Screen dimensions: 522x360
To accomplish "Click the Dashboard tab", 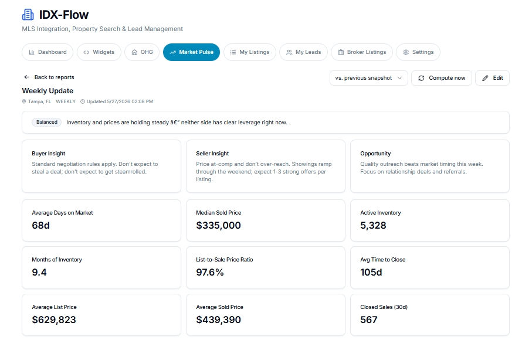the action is tap(48, 52).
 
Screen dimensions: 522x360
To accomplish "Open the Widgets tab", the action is tap(99, 52).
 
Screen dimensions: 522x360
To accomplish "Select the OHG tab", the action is tap(142, 52).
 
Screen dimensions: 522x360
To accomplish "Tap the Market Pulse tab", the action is tap(191, 52).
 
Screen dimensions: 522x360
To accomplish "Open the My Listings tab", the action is tap(250, 52).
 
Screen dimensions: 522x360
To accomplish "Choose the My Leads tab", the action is tap(304, 52).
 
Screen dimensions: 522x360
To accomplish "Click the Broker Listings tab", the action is tap(362, 52).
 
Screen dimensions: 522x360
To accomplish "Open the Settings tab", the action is tap(418, 52).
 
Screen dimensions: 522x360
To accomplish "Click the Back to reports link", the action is tap(49, 77).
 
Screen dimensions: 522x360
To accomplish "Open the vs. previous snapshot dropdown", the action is tap(368, 78).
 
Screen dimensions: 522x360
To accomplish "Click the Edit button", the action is tap(492, 78).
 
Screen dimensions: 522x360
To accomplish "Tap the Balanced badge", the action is tap(46, 122).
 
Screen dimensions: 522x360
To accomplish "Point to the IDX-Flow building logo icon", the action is tap(28, 15).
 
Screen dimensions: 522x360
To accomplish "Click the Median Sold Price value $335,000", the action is tap(218, 225).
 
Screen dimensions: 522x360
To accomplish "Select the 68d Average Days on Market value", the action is tap(40, 225).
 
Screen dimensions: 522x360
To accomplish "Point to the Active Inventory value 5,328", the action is tap(373, 225).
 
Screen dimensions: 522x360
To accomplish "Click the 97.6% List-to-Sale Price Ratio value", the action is tap(210, 272).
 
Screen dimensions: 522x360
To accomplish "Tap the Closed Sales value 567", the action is tap(369, 320).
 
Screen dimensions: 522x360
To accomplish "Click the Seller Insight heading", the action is tap(212, 154).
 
